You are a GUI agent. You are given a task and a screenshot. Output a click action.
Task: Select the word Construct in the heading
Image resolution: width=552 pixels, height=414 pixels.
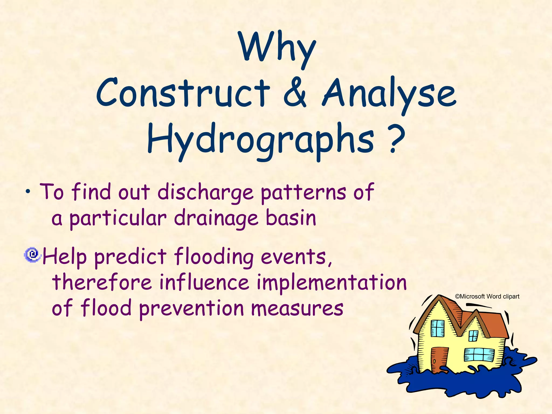[x=183, y=93]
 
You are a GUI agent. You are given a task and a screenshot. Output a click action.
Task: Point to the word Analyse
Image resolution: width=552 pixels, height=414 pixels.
[x=389, y=94]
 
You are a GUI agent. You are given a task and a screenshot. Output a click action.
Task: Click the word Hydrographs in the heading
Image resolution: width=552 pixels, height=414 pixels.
[x=260, y=140]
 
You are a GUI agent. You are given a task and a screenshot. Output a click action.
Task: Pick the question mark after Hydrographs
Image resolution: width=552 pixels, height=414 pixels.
[x=397, y=139]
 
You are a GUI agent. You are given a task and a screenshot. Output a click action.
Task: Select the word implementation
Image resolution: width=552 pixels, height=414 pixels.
[x=332, y=283]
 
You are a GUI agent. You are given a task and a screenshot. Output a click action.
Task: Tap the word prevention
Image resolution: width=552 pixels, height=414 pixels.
[x=191, y=309]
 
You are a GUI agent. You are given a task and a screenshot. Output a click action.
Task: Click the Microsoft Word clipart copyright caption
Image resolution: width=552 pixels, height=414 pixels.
[x=487, y=296]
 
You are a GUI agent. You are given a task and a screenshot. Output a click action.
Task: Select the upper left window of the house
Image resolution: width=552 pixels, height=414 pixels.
[x=437, y=328]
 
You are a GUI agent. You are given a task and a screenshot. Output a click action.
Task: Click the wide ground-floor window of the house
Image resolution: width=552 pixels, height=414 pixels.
[x=479, y=355]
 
